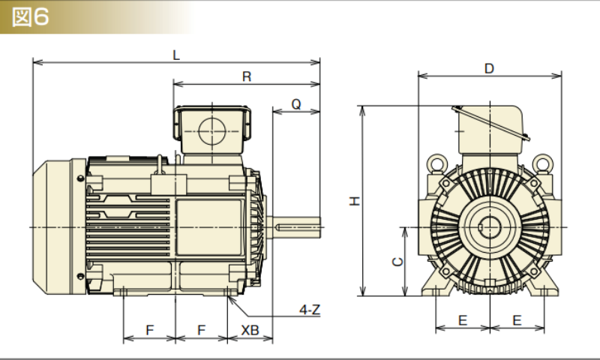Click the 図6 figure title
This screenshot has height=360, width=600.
[x=31, y=17]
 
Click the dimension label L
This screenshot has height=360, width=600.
[x=176, y=55]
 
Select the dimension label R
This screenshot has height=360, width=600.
[x=247, y=76]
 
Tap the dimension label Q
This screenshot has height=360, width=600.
[x=296, y=105]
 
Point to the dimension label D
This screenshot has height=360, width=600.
[x=489, y=68]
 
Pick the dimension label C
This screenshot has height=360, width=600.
[x=399, y=261]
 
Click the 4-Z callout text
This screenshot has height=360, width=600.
[x=309, y=310]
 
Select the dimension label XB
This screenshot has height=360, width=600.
[x=250, y=330]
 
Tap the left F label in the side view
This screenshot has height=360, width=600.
[x=149, y=330]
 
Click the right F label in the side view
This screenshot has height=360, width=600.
[x=200, y=330]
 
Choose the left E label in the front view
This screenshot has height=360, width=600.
[x=463, y=320]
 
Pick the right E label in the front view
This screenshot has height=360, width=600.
[x=517, y=320]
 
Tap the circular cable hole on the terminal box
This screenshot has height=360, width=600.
[x=211, y=130]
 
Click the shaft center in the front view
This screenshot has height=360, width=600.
[x=489, y=225]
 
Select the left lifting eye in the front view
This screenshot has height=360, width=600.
[x=436, y=163]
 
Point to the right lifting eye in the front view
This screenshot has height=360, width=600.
[x=542, y=163]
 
